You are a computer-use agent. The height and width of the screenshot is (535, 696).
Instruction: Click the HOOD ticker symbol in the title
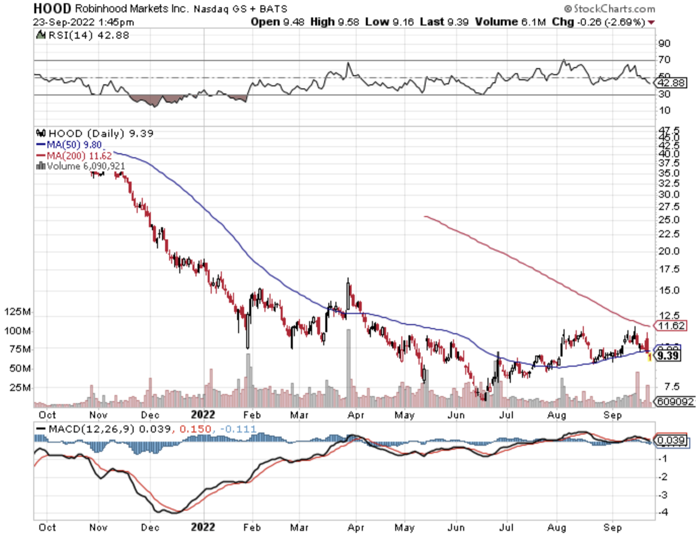point(52,8)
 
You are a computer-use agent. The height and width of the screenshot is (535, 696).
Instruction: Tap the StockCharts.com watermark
point(609,8)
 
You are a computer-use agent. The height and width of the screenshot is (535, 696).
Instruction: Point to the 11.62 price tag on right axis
point(671,325)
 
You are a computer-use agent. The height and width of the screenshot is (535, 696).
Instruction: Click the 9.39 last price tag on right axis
point(668,355)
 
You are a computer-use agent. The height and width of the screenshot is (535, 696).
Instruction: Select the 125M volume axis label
point(17,312)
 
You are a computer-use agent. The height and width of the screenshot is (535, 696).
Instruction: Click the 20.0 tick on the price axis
point(669,251)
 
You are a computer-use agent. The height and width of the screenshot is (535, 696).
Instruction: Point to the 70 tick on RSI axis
point(664,60)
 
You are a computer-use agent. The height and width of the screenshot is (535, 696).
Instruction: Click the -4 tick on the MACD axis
point(663,512)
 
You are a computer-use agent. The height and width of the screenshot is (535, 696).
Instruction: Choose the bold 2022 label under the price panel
point(203,415)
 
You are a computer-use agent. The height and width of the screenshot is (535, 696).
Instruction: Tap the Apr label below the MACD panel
point(356,527)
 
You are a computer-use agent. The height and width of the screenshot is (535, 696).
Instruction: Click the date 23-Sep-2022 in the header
point(64,22)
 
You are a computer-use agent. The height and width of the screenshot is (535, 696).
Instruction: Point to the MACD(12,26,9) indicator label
point(91,429)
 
